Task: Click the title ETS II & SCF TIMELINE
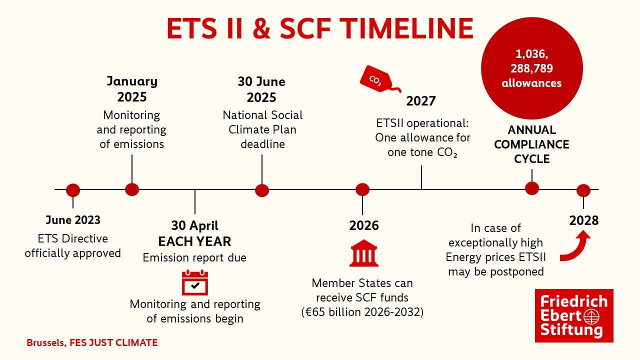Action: coord(320,28)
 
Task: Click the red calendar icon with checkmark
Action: coord(194,282)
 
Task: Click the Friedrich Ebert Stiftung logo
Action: coord(573,315)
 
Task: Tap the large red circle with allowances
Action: coord(531,68)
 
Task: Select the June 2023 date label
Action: coord(73,220)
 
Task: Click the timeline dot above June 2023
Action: coord(73,190)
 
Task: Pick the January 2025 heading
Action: coord(132,88)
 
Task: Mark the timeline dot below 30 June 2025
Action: coord(262,190)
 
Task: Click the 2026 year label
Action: coord(363,225)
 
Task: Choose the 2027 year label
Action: coord(420,101)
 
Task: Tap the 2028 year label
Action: coord(583,220)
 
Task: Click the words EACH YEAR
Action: coord(194,241)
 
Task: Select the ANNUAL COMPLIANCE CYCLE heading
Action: coord(531,144)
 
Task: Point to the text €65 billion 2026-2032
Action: coord(362,312)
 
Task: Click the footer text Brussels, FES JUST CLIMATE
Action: coord(92,343)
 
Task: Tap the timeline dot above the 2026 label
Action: coord(362,189)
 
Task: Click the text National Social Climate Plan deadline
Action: coord(262,129)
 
